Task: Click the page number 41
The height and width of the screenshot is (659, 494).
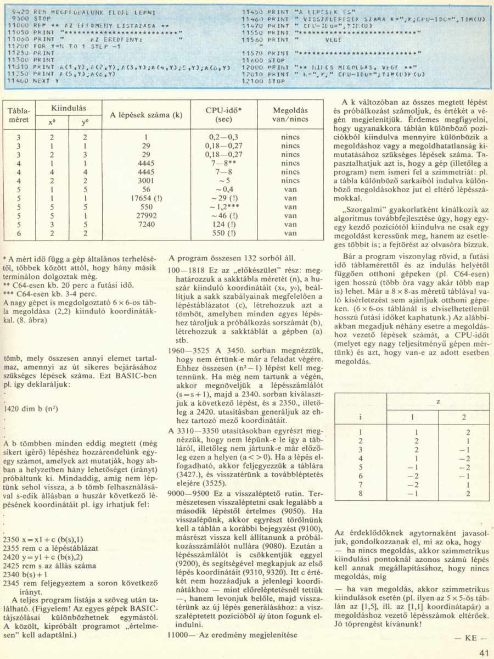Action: [x=483, y=652]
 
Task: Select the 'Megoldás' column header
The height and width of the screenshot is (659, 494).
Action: [x=290, y=114]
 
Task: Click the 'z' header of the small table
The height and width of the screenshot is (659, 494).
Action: [x=438, y=403]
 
